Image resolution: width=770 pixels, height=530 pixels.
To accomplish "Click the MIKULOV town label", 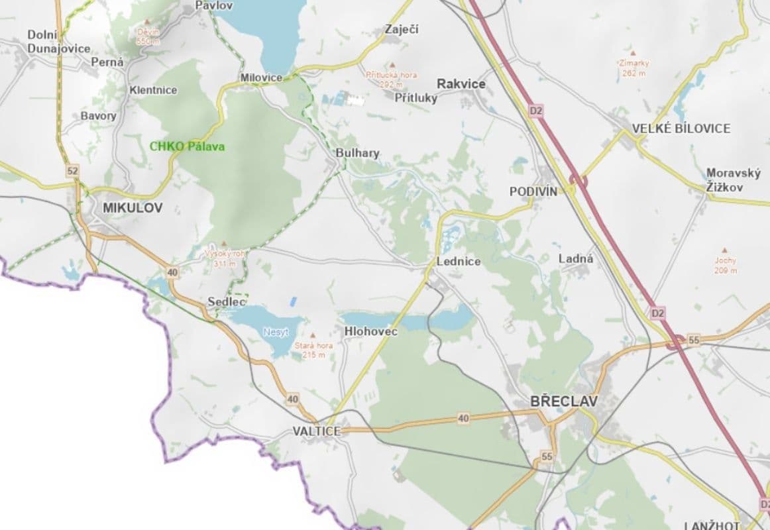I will pos(133,208).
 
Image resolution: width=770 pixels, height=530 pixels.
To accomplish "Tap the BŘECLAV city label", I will pos(564,401).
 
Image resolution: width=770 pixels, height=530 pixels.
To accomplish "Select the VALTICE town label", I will pos(317,431).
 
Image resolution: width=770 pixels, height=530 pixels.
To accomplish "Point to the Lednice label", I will pos(459,262).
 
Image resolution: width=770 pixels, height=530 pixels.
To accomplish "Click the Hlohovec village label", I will pos(371,331).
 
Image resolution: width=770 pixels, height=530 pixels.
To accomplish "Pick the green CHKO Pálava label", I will pos(188,146).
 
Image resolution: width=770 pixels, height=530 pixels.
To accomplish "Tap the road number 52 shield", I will pos(72,171).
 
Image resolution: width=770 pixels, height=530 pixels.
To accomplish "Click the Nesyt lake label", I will pos(276,331).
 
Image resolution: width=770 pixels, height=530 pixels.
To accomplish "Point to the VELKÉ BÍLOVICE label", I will pos(681,129).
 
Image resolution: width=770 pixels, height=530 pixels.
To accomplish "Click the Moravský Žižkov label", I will pos(733,180).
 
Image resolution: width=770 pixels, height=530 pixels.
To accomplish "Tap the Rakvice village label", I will pos(461,84).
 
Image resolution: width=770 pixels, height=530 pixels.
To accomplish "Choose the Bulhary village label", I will pos(358,154).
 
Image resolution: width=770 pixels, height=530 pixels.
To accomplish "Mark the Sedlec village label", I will pos(227,302).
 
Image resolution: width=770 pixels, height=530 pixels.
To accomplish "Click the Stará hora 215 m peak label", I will pos(313,350).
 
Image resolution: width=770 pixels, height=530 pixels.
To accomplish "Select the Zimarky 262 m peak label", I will pos(634,68).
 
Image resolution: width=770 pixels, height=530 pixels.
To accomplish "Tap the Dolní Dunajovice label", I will pos(58,41).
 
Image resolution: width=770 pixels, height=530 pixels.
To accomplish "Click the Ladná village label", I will pos(576,259).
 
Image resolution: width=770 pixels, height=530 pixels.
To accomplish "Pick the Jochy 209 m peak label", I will pos(726,265).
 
